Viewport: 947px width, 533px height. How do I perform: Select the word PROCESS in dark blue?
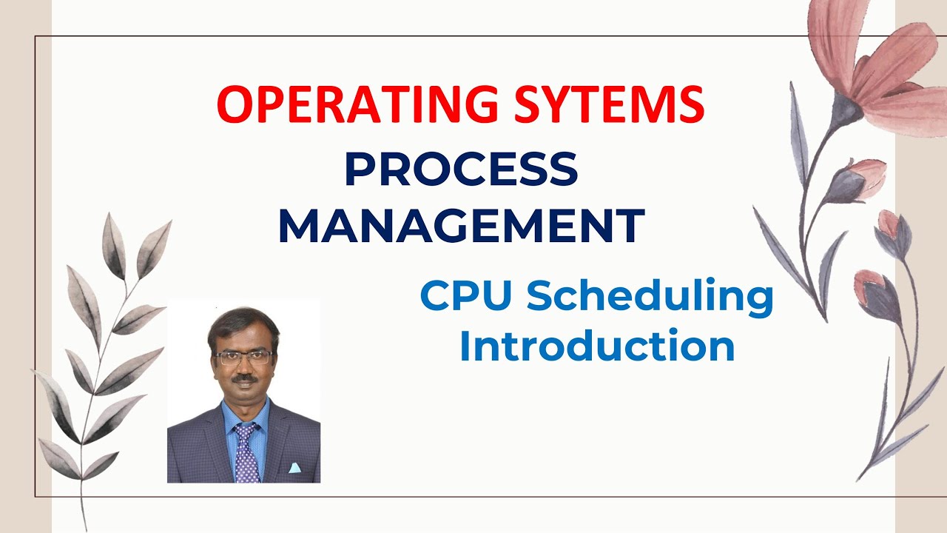[x=460, y=170]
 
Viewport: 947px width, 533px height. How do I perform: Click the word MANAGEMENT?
[x=460, y=226]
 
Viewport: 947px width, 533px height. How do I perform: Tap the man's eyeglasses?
[x=243, y=358]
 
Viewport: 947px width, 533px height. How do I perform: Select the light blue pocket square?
[x=294, y=468]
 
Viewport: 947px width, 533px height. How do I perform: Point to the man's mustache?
[x=243, y=378]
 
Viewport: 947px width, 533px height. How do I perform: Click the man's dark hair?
[x=243, y=323]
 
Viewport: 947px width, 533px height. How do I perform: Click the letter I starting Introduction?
[x=465, y=346]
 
